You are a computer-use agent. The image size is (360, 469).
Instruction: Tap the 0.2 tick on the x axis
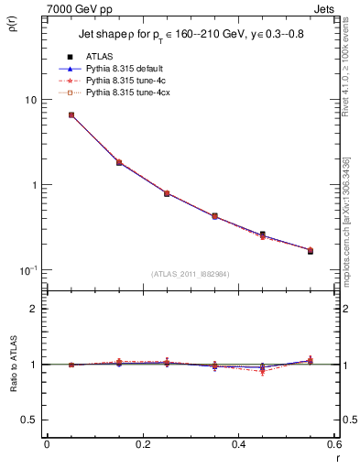pyautogui.click(x=142, y=445)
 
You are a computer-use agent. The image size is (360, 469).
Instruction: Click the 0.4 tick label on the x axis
pyautogui.click(x=238, y=445)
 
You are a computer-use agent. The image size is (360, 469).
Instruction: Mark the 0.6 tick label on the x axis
pyautogui.click(x=333, y=445)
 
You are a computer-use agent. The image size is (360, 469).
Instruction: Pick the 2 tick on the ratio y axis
pyautogui.click(x=34, y=309)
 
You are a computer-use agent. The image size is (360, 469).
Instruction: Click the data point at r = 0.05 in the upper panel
pyautogui.click(x=71, y=115)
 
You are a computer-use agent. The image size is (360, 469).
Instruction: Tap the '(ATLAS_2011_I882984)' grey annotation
pyautogui.click(x=190, y=275)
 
